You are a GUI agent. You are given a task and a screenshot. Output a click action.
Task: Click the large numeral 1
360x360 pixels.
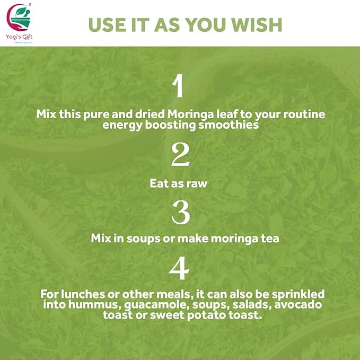point(179,86)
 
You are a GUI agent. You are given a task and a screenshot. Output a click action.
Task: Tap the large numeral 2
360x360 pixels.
point(180,155)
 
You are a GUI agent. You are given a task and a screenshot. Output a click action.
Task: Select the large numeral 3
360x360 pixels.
point(180,212)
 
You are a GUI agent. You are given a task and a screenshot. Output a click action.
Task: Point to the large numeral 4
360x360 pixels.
point(179,269)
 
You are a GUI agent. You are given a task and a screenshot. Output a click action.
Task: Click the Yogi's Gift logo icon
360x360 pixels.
point(20,16)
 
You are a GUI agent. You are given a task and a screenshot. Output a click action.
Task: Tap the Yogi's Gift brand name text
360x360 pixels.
point(20,37)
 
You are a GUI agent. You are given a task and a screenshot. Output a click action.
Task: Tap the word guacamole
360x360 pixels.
point(136,304)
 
